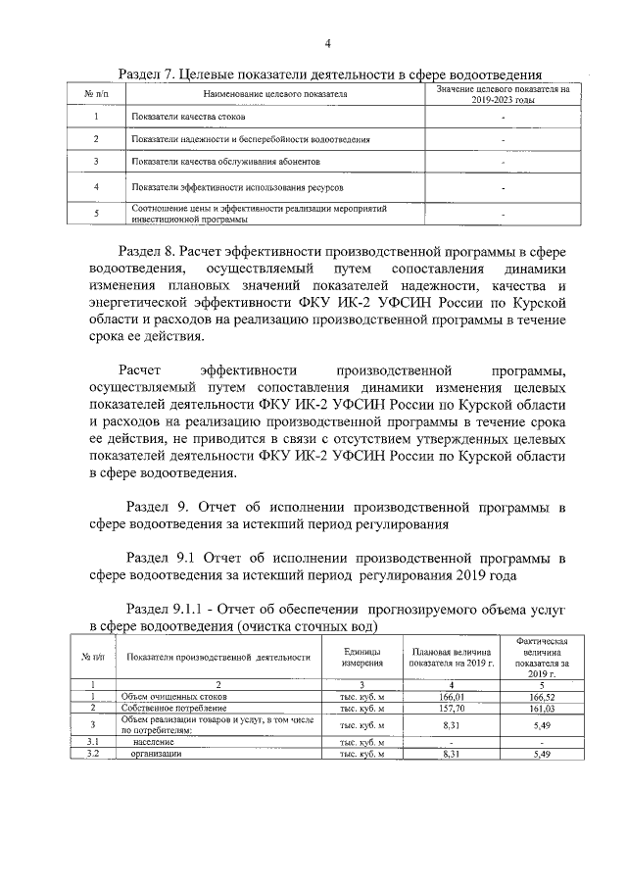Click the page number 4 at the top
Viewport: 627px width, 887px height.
[x=328, y=42]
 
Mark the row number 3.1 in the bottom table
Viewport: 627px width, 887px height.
[x=91, y=743]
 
